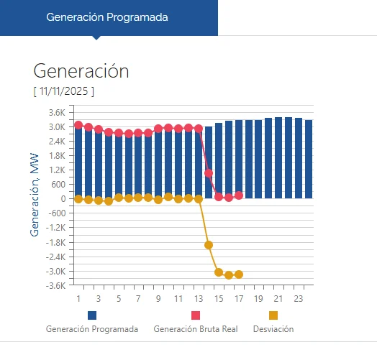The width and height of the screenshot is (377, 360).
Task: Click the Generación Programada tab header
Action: click(x=107, y=17)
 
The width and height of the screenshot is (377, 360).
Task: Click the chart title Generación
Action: click(x=81, y=71)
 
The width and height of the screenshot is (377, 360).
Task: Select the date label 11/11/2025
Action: click(x=63, y=91)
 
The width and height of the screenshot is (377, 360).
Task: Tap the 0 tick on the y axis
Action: click(x=63, y=199)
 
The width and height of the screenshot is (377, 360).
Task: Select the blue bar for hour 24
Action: click(x=309, y=160)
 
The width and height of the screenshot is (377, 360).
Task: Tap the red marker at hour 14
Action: click(x=209, y=173)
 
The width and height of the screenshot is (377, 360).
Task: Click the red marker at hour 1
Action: click(x=78, y=125)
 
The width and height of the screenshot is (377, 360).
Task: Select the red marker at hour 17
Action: click(x=239, y=195)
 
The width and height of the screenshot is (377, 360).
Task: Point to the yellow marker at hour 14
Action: click(x=209, y=245)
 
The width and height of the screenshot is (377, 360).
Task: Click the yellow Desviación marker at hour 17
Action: click(x=239, y=274)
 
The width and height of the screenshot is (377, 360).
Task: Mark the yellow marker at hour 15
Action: click(x=219, y=272)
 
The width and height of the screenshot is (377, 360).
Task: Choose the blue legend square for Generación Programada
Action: click(x=92, y=315)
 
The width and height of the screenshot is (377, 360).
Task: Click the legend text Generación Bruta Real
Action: click(x=195, y=329)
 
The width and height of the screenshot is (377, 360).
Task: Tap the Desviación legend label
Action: click(x=273, y=329)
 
